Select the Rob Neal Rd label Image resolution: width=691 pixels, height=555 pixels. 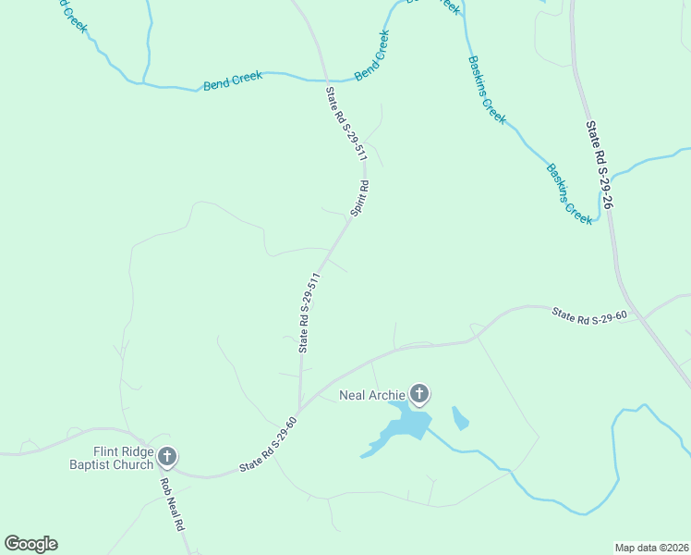pos(172,505)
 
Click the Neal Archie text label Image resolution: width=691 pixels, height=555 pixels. pos(372,396)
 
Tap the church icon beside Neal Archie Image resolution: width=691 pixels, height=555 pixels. pos(419,395)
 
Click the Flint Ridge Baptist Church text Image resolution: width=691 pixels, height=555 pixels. pos(110,458)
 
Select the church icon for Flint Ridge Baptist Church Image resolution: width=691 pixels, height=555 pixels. pos(167,456)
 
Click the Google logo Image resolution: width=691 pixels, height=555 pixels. pos(30,544)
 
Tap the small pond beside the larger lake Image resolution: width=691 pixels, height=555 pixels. pos(459,418)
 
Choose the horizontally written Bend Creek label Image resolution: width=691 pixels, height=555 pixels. pos(233,81)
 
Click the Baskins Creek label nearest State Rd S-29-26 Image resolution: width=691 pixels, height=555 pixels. pos(569,193)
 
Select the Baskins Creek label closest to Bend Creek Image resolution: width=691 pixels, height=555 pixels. pos(487,89)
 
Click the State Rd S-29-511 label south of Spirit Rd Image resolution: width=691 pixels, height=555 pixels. pos(309,313)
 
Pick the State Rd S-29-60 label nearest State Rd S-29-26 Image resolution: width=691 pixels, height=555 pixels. pos(589,315)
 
